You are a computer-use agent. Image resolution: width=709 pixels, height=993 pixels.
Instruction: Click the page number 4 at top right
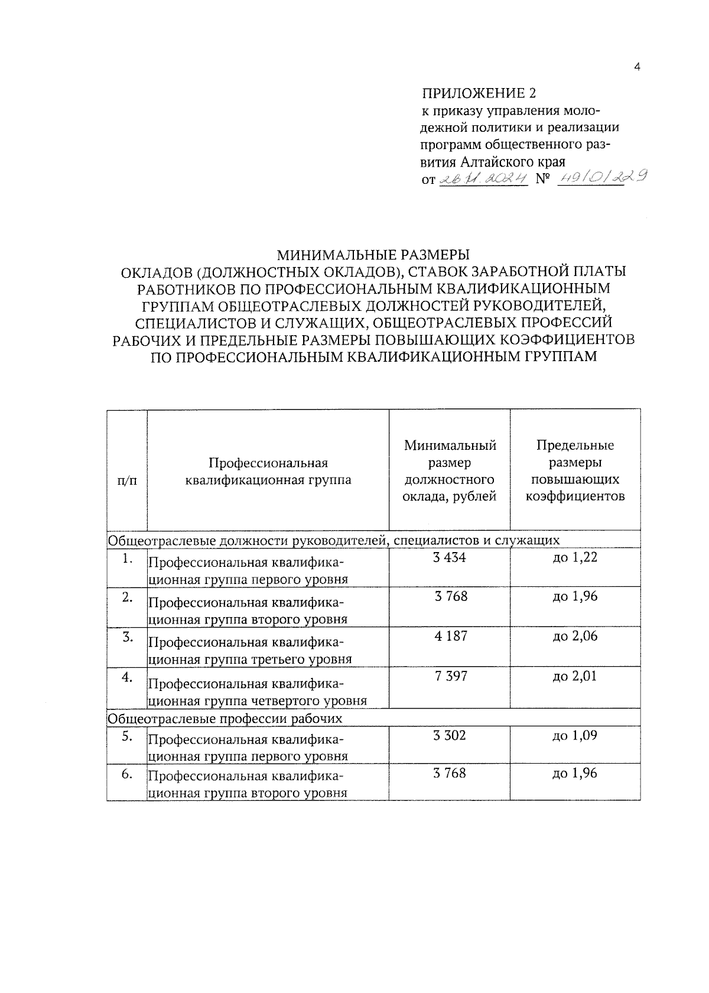click(637, 67)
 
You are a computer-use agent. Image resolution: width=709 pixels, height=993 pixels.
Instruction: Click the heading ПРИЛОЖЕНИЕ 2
click(480, 93)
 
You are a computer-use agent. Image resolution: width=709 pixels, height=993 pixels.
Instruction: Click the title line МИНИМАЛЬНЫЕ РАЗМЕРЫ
click(373, 255)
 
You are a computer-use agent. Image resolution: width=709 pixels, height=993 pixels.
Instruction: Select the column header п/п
click(126, 481)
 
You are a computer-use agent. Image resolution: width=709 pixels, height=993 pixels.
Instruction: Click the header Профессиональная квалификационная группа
click(268, 471)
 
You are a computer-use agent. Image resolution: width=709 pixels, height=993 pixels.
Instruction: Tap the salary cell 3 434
click(450, 557)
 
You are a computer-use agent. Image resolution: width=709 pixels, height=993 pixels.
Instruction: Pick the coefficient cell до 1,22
click(575, 557)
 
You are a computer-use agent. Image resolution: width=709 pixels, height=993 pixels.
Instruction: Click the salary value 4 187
click(450, 637)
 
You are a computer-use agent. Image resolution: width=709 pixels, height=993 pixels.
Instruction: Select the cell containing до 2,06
click(575, 637)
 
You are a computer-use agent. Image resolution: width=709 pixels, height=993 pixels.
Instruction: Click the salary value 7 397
click(450, 676)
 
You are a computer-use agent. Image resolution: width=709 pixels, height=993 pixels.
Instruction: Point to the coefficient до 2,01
click(575, 676)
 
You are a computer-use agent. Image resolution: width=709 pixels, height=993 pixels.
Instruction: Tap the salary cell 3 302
click(450, 735)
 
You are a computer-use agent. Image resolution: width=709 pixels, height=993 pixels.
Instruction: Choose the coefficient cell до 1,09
click(575, 735)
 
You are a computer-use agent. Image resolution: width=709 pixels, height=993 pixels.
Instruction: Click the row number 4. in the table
click(126, 677)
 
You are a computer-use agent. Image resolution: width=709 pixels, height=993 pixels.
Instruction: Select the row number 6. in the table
click(126, 774)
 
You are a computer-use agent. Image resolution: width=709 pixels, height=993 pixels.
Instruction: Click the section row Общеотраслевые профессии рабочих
click(225, 719)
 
